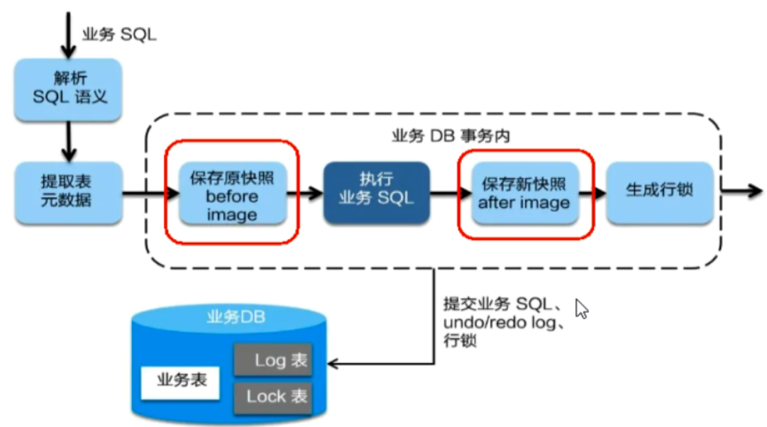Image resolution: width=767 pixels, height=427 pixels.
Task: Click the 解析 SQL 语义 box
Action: [x=69, y=88]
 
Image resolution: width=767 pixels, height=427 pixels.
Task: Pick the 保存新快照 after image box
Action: [x=524, y=193]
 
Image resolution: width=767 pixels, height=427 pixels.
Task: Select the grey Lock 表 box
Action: [x=273, y=396]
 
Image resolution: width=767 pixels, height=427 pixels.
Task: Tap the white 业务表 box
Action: [x=180, y=381]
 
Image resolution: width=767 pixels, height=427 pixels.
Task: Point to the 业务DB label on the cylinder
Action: [x=236, y=316]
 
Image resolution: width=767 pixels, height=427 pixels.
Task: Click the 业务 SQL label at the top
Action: [x=118, y=33]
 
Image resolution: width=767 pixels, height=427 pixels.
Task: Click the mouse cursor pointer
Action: [x=582, y=309]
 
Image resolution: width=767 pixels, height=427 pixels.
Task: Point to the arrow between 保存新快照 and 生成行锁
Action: [x=592, y=191]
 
